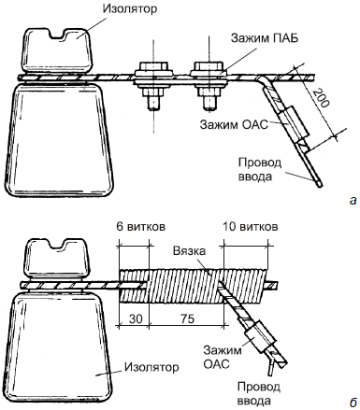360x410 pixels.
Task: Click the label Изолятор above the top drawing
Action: (130, 8)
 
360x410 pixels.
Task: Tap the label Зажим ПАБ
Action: (265, 38)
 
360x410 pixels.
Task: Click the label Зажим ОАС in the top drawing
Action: (234, 125)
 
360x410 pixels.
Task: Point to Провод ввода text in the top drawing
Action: (260, 170)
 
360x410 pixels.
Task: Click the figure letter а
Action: (353, 201)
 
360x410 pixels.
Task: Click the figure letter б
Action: (353, 403)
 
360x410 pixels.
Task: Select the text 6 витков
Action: (141, 227)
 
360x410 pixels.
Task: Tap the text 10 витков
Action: (250, 227)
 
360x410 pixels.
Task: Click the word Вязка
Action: (189, 250)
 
